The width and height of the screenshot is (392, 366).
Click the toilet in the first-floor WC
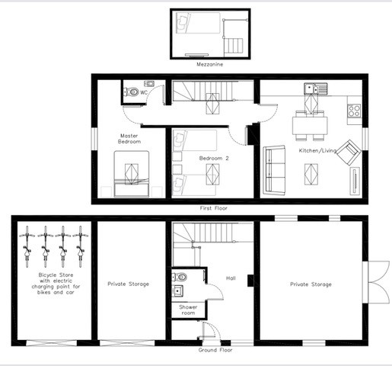pos(133,91)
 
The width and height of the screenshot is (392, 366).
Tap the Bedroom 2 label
pos(214,158)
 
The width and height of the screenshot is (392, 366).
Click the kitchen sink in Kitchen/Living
pos(312,91)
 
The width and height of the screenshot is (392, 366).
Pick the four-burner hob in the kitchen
pos(355,111)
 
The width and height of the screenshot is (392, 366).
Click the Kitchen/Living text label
pos(314,151)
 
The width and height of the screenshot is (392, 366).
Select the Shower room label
pos(188,310)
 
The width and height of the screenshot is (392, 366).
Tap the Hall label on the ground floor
pos(230,278)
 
